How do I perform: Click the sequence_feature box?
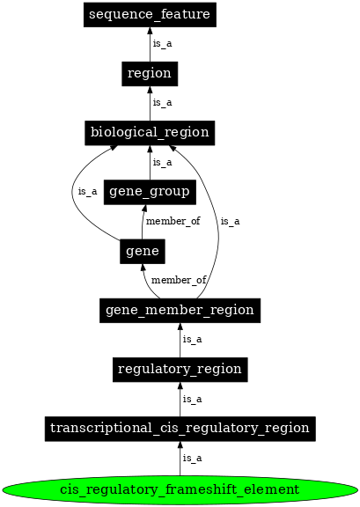point(150,15)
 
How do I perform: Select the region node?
point(150,74)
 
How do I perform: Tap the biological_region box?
point(150,133)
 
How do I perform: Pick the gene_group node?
point(150,192)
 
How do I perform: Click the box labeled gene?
point(143,251)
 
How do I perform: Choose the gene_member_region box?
point(180,311)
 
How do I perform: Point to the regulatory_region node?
point(180,370)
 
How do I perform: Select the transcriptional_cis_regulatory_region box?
point(180,429)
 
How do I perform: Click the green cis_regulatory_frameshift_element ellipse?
point(180,489)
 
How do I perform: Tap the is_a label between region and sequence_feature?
point(162,44)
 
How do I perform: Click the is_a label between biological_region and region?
point(162,103)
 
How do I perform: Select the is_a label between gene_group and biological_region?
point(162,162)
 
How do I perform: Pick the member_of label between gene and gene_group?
point(173,222)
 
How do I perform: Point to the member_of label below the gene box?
point(179,280)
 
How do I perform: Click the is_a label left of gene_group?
point(88,191)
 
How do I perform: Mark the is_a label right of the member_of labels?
point(231,222)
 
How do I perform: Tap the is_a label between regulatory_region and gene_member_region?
point(193,340)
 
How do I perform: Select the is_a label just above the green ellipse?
point(193,459)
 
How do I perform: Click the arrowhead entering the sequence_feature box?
point(150,31)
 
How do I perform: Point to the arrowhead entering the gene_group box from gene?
point(144,208)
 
